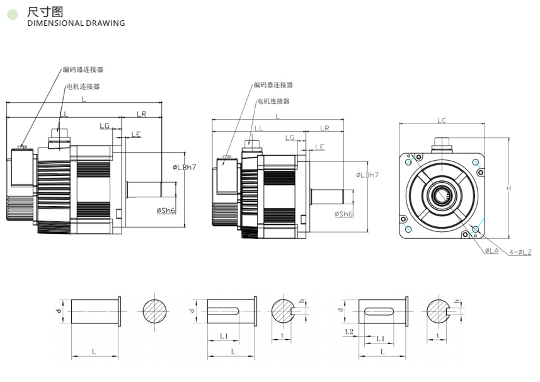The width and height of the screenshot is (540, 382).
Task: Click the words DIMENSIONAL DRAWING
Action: [76, 23]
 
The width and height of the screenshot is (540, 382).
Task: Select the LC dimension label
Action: [442, 120]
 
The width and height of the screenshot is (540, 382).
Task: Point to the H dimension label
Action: [508, 188]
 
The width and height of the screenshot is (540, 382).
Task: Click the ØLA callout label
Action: [491, 251]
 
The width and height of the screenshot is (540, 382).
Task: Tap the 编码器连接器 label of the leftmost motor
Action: [83, 69]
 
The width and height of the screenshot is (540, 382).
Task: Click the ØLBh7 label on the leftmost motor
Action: [185, 167]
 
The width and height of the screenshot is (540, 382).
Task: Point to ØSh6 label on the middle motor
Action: [343, 214]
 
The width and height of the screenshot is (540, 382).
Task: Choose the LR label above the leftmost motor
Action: [141, 114]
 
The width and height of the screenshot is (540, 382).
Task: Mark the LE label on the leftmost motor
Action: [135, 134]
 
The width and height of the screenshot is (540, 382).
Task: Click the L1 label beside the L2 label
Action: [381, 339]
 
